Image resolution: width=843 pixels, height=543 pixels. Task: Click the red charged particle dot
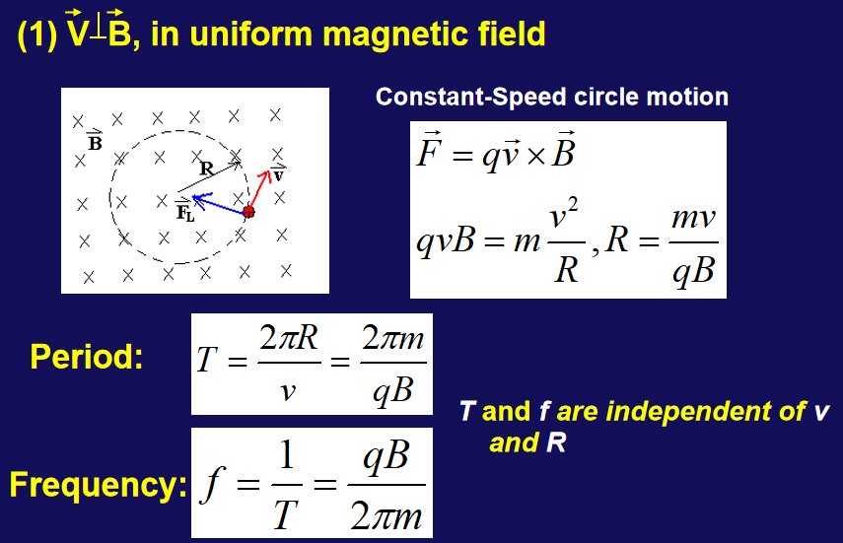pyautogui.click(x=248, y=212)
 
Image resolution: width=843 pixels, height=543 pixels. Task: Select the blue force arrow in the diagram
pyautogui.click(x=219, y=204)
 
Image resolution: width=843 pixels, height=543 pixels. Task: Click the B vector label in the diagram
pyautogui.click(x=95, y=141)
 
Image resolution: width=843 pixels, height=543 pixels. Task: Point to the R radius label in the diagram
pyautogui.click(x=206, y=169)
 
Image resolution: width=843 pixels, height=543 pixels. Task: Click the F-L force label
pyautogui.click(x=185, y=210)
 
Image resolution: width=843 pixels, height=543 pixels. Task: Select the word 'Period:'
pyautogui.click(x=87, y=357)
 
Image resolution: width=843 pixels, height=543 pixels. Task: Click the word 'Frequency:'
pyautogui.click(x=99, y=485)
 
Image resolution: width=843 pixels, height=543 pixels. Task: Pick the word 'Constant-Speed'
pyautogui.click(x=471, y=98)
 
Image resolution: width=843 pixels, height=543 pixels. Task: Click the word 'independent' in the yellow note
pyautogui.click(x=705, y=412)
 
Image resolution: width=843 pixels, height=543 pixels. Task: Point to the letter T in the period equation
pyautogui.click(x=207, y=359)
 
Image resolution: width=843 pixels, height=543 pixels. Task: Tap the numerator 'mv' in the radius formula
pyautogui.click(x=693, y=218)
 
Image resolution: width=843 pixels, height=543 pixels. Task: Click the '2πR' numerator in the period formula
pyautogui.click(x=289, y=338)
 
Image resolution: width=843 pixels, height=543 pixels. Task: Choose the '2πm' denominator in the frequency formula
pyautogui.click(x=386, y=516)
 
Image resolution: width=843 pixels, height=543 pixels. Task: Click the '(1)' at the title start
pyautogui.click(x=36, y=34)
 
